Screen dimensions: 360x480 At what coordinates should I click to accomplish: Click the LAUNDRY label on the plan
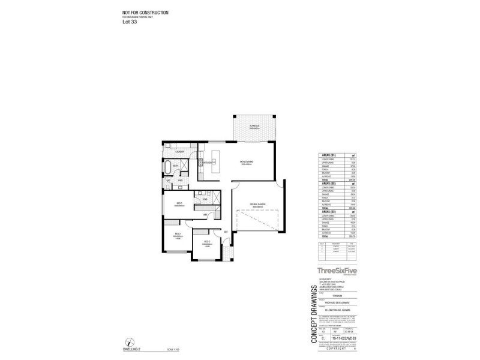179,152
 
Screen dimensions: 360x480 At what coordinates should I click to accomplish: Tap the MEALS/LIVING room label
246,162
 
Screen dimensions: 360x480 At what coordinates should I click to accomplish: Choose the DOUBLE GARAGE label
259,206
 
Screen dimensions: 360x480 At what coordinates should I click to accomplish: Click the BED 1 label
179,204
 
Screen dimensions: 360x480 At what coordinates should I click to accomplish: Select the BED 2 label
178,234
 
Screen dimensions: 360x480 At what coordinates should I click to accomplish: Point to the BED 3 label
205,241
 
